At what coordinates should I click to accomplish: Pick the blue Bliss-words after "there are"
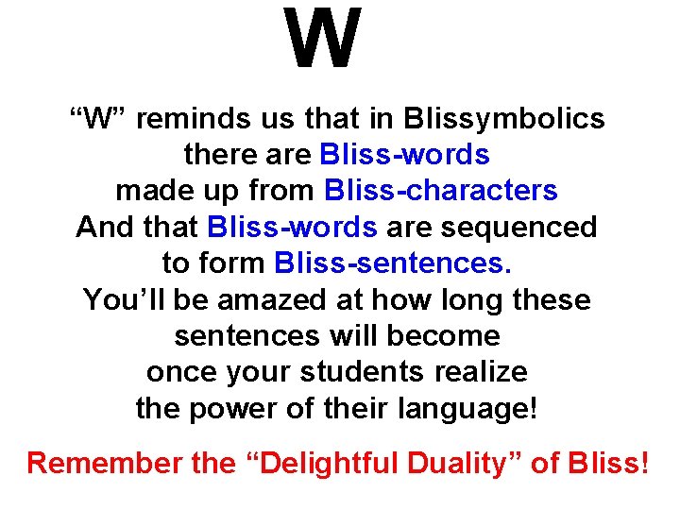pyautogui.click(x=404, y=155)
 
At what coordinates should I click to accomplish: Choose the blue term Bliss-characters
pyautogui.click(x=440, y=191)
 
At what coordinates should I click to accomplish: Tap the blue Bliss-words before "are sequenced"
pyautogui.click(x=291, y=228)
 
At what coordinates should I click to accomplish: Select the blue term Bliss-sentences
pyautogui.click(x=393, y=263)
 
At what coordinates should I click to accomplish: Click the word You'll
pyautogui.click(x=119, y=300)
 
